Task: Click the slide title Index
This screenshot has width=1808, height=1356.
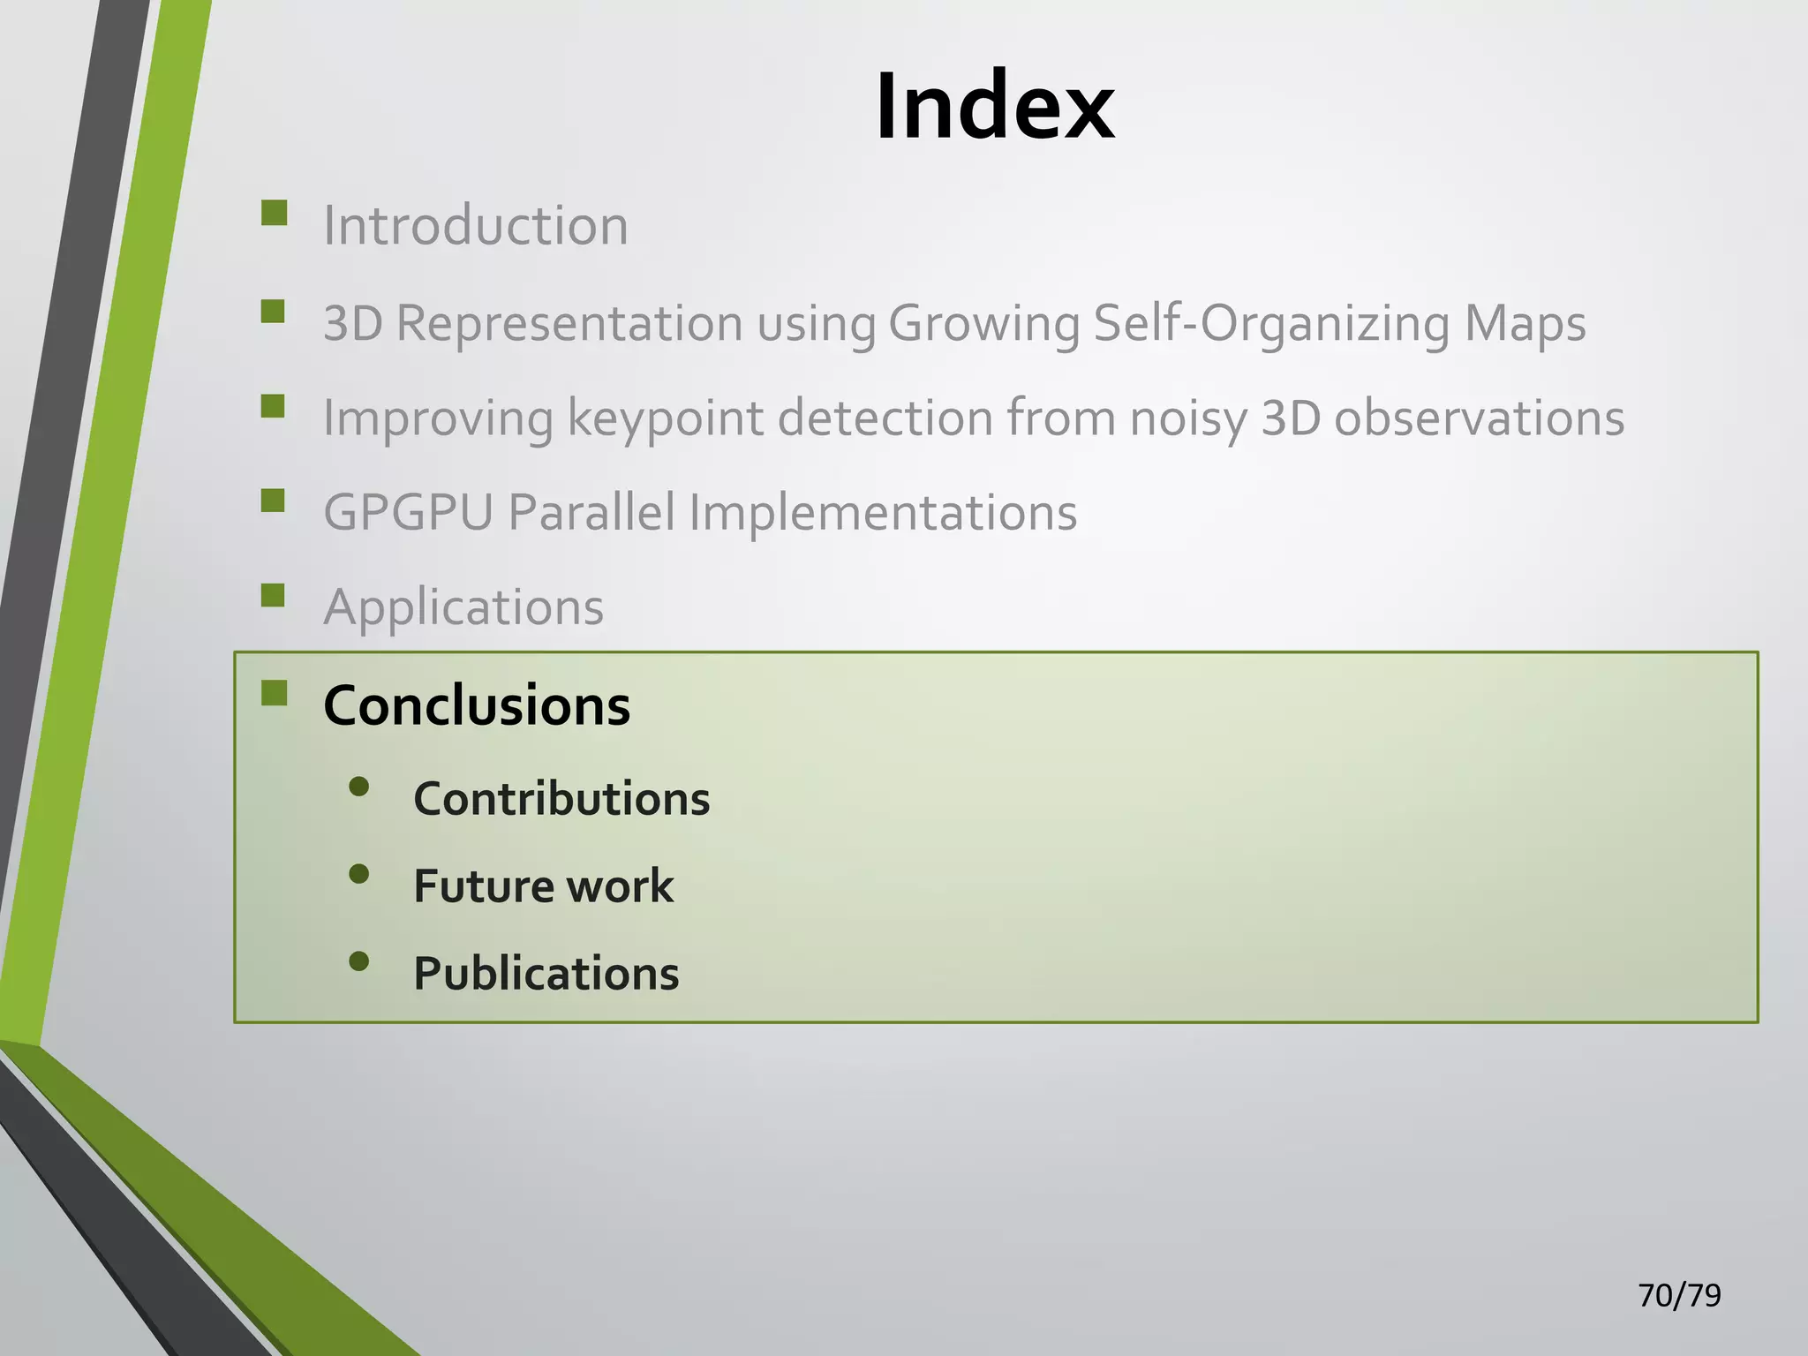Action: pos(994,107)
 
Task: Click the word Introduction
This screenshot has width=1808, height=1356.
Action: pos(476,225)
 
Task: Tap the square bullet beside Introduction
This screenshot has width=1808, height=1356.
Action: pos(275,214)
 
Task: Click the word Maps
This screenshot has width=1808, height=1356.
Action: pos(1525,323)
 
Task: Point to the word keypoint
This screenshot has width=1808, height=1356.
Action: pos(664,418)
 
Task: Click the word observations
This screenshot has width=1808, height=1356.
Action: pos(1479,418)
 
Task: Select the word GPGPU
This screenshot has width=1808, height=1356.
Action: pos(408,512)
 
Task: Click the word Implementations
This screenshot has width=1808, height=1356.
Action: pos(883,512)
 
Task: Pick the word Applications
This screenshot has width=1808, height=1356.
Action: pos(463,607)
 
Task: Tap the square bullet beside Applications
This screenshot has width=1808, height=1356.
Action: pos(274,595)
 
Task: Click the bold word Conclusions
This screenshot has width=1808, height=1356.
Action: pos(477,705)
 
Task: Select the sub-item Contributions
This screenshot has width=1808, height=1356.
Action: pos(561,799)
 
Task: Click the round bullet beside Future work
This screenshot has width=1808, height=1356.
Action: pos(358,874)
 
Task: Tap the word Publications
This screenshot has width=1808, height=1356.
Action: pos(546,974)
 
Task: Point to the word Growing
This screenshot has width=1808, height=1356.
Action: pos(983,323)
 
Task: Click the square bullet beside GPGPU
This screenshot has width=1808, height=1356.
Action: pos(274,501)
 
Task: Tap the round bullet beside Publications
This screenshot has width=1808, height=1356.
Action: pos(358,960)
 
